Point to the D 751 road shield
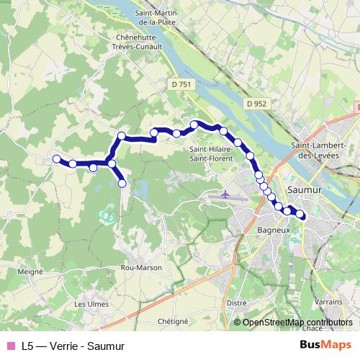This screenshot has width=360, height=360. (182, 84)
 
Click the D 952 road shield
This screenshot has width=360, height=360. (256, 104)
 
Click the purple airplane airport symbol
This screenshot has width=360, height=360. (225, 195)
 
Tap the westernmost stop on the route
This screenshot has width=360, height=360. (55, 159)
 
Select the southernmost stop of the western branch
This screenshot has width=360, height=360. (122, 184)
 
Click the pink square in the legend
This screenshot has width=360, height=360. (9, 346)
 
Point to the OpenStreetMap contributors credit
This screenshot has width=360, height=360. (297, 323)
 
